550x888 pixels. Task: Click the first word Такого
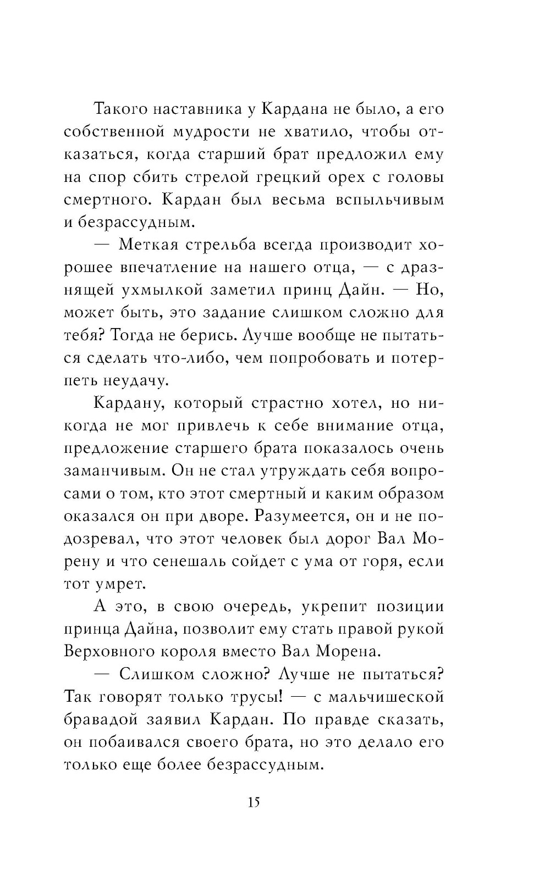point(122,109)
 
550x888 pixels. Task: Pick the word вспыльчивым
point(389,199)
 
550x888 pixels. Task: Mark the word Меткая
point(152,245)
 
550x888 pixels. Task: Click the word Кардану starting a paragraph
point(130,403)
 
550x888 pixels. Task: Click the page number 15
point(254,802)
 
